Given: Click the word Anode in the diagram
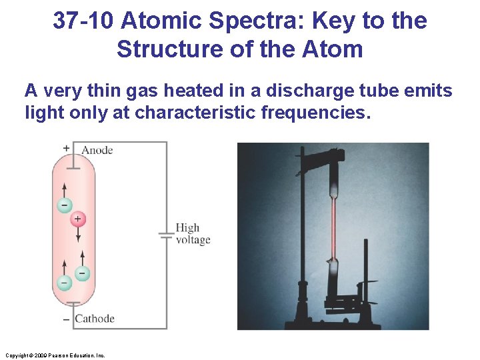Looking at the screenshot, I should click(97, 150).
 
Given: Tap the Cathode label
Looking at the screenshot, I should click(95, 319).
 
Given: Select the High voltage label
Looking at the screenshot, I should click(193, 234).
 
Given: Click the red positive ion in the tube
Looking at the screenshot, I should click(77, 219).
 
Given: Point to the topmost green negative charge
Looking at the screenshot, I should click(64, 205).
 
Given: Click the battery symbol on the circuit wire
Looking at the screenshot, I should click(167, 235).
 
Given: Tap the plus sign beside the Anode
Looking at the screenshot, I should click(66, 148).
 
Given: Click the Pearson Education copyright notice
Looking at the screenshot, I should click(55, 355).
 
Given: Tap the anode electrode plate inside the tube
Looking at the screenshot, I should click(74, 167).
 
